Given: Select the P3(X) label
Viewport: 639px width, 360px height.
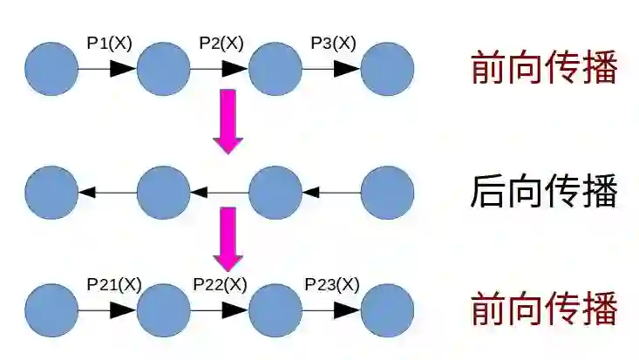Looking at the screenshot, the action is [x=333, y=43].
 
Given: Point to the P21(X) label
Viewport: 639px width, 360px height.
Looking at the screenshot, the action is [x=113, y=284].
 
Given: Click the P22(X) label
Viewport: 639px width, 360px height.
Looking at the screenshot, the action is [x=220, y=284].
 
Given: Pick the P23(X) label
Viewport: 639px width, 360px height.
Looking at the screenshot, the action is [x=332, y=284].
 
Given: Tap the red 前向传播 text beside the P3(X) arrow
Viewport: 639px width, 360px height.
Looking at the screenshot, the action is [x=544, y=68].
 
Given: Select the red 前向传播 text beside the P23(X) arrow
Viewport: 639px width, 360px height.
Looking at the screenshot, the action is [x=544, y=309].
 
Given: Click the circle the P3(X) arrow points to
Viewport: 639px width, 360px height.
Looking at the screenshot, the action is [x=387, y=69].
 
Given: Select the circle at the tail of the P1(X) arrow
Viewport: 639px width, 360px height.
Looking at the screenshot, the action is [x=51, y=69].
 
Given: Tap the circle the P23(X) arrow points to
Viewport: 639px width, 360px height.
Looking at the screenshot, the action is [x=387, y=309].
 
